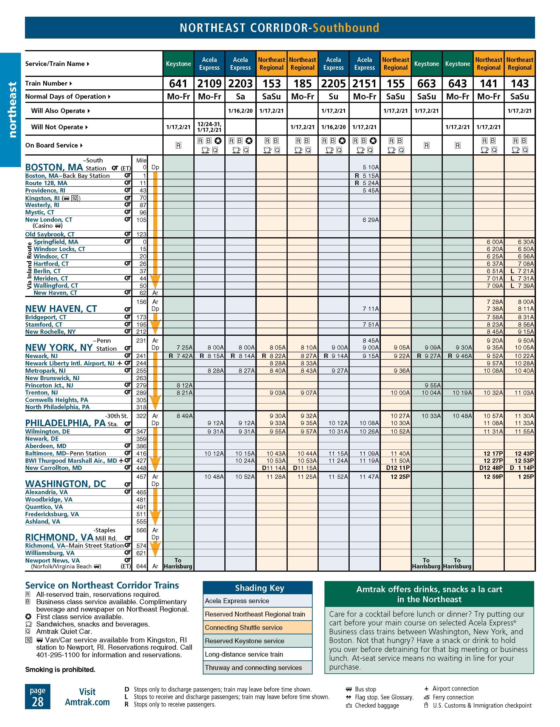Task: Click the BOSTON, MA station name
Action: click(54, 167)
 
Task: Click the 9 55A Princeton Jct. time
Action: click(433, 385)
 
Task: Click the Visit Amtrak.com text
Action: click(87, 697)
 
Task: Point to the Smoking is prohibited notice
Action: click(60, 670)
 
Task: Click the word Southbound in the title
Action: click(346, 28)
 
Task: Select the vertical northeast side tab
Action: click(12, 110)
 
